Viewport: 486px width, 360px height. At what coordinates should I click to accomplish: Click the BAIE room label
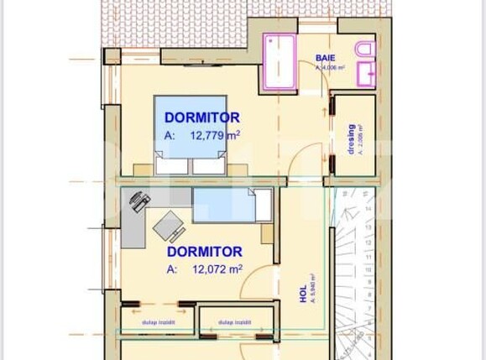pos(326,58)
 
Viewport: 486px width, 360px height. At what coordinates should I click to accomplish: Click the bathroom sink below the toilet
pos(367,76)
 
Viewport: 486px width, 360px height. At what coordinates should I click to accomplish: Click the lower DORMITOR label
pos(205,251)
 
